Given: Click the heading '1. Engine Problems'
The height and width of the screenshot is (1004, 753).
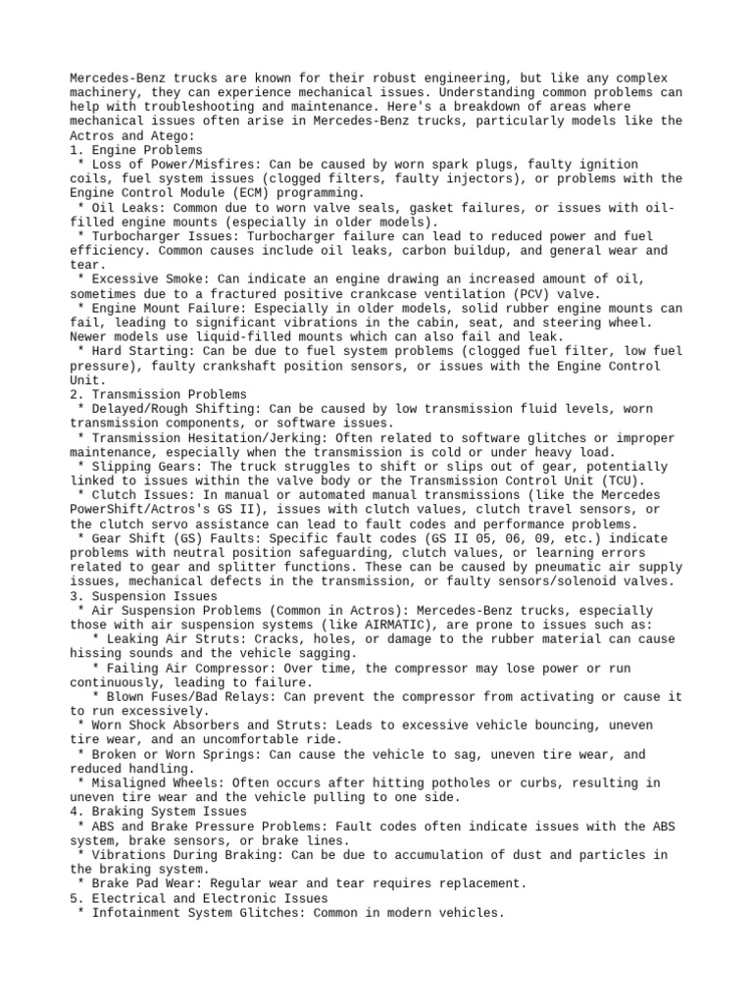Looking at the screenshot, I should pyautogui.click(x=136, y=150).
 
